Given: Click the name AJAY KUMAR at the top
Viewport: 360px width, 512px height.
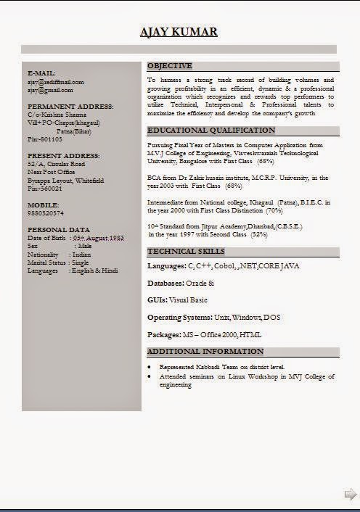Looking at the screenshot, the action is pyautogui.click(x=179, y=32).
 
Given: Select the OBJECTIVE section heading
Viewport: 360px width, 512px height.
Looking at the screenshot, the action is pyautogui.click(x=170, y=65).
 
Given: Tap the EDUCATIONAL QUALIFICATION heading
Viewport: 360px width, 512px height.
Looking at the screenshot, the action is pyautogui.click(x=211, y=131).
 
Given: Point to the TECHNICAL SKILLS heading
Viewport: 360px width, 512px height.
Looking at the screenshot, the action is pyautogui.click(x=186, y=252).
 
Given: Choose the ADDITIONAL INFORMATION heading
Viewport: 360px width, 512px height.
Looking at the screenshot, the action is pyautogui.click(x=205, y=352).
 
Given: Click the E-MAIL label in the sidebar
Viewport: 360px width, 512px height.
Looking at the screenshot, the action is pyautogui.click(x=41, y=73).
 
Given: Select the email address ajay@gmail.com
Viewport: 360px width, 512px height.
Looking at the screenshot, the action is pyautogui.click(x=50, y=90).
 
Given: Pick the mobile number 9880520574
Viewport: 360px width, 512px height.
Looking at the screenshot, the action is pyautogui.click(x=46, y=213).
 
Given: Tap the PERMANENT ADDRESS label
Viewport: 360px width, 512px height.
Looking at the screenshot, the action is pyautogui.click(x=70, y=107).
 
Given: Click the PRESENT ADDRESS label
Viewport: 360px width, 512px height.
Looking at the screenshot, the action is pyautogui.click(x=64, y=156).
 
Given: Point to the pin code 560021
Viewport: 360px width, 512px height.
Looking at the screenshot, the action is pyautogui.click(x=45, y=189).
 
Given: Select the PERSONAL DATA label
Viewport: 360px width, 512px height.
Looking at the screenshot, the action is pyautogui.click(x=59, y=230).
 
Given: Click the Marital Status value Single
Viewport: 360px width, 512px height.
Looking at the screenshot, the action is pyautogui.click(x=81, y=263).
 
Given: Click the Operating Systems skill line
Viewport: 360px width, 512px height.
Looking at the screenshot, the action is pyautogui.click(x=213, y=318).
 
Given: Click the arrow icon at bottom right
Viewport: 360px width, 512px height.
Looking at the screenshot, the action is pyautogui.click(x=350, y=494).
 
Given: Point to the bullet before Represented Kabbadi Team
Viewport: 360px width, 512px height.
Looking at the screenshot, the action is pyautogui.click(x=150, y=368).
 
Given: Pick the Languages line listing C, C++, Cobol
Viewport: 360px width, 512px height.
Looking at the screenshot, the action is pyautogui.click(x=223, y=266).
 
